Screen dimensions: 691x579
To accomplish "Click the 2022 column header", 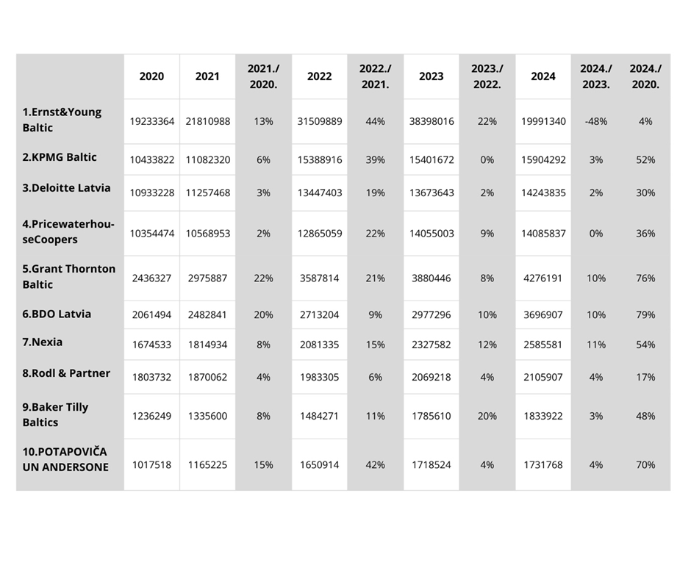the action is coord(319,76).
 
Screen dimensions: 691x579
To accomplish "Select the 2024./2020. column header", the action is coord(645,76).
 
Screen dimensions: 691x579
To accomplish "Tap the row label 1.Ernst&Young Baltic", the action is coord(62,120).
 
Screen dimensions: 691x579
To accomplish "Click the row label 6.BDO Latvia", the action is coord(57,314).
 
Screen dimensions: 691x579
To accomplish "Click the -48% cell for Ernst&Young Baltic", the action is coord(595,121).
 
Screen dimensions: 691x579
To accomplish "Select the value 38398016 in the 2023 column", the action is coord(432,121).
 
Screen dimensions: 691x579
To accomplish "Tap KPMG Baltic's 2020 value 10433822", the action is coord(152,159).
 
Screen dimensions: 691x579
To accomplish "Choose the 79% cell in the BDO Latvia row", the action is coord(645,314).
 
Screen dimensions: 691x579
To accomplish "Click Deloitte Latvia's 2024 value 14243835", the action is coord(543,193).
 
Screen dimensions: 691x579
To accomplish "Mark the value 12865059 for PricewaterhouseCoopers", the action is coord(319,234).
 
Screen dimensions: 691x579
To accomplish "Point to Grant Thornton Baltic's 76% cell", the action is coord(645,278).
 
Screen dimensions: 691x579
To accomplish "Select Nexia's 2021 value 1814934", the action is coord(207,345).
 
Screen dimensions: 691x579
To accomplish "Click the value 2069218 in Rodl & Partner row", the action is coord(432,377).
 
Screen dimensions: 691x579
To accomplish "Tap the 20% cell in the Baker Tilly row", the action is coord(487,416).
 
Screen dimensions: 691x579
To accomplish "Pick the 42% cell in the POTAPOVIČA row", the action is coord(375,465).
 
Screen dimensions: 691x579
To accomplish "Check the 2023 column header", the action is coord(432,76).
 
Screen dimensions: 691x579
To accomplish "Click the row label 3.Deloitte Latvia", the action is coord(66,188).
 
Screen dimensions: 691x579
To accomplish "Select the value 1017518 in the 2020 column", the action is coord(152,465).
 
